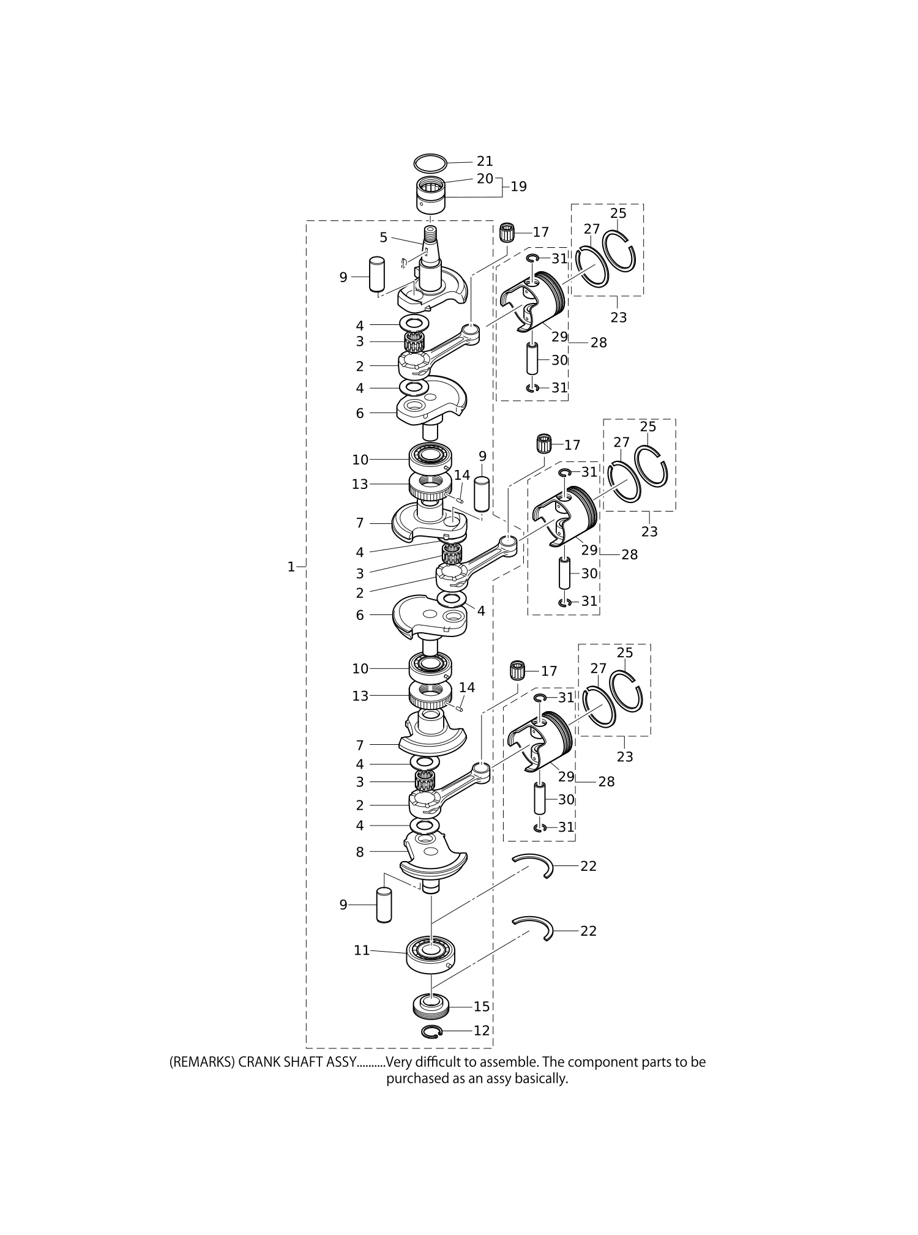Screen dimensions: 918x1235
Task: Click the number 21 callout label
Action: (x=485, y=161)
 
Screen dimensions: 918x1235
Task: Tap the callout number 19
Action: (x=518, y=187)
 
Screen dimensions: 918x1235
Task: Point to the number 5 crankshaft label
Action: (x=384, y=237)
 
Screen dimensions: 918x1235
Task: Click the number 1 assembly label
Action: (x=291, y=567)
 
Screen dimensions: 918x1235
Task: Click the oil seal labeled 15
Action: (x=431, y=1006)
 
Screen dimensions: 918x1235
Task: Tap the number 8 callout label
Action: (x=360, y=852)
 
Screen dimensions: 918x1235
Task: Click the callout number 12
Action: (x=482, y=1031)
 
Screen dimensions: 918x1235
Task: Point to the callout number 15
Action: (x=482, y=1007)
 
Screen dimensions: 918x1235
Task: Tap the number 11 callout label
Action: (x=362, y=950)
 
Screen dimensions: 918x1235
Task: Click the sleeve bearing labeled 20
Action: (x=430, y=194)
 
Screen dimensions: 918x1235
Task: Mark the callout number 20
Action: (x=485, y=179)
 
